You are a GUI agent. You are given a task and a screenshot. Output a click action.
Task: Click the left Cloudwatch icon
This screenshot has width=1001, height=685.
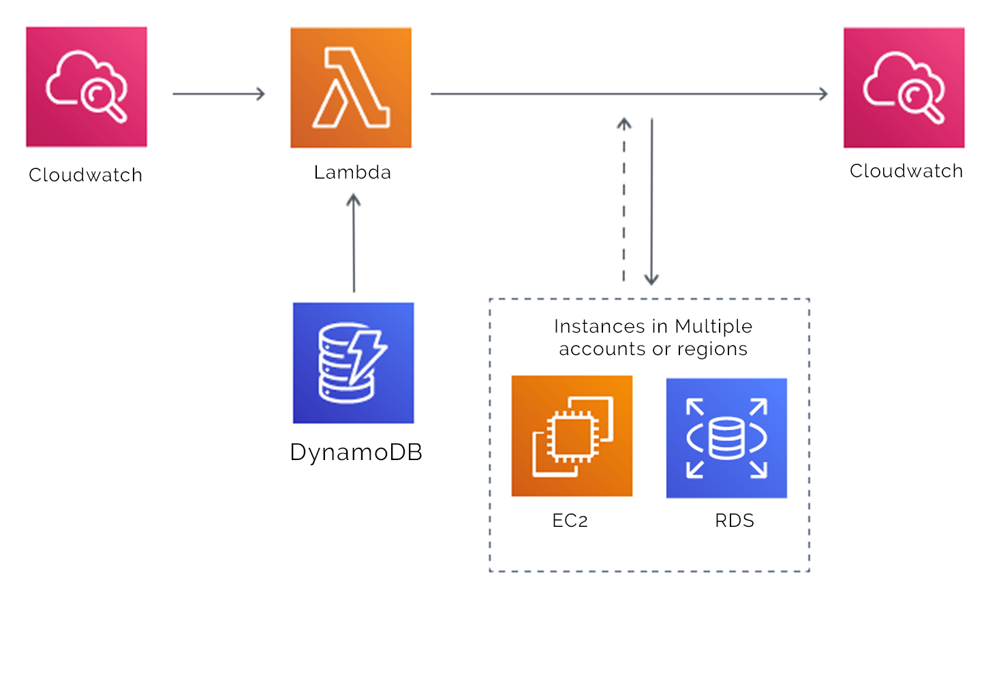pos(87,87)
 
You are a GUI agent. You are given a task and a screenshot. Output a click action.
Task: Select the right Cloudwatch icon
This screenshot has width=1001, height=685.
pos(904,87)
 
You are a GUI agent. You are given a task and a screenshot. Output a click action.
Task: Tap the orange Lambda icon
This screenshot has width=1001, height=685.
pos(351,87)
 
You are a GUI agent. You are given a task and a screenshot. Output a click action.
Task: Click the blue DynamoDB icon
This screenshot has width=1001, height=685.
pos(353,363)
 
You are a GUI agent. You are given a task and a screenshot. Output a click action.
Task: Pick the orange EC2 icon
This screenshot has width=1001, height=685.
pos(572,436)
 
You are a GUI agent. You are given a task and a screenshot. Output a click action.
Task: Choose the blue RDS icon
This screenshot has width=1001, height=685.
pos(726,438)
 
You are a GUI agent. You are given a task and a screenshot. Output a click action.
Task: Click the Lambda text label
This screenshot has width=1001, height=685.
pos(352,172)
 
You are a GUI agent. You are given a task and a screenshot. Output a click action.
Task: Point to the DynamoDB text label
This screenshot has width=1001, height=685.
pos(356,453)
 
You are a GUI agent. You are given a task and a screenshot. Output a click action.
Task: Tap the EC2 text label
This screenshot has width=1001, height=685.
pos(570,521)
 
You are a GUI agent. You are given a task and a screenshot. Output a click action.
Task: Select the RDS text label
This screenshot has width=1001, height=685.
pos(735,521)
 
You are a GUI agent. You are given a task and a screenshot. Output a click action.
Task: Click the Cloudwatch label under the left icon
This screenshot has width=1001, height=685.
pos(86,175)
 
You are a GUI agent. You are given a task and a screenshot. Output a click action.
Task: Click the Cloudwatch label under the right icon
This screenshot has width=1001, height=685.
pos(906,171)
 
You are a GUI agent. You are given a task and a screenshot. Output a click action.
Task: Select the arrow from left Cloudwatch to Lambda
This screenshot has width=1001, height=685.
pos(219,94)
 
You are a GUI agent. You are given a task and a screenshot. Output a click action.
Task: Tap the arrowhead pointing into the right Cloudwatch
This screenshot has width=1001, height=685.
pos(823,94)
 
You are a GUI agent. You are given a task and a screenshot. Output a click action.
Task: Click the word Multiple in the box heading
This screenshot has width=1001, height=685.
pos(713,326)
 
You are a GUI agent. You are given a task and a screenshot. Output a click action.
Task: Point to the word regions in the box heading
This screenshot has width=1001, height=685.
pos(712,350)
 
